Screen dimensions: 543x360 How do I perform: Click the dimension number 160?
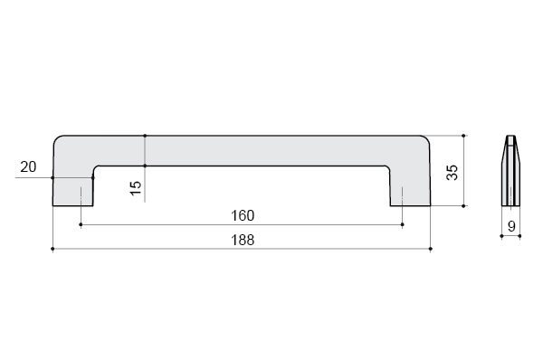pyautogui.click(x=243, y=215)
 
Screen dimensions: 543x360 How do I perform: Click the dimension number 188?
pyautogui.click(x=243, y=240)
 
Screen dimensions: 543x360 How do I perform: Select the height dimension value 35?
pyautogui.click(x=452, y=172)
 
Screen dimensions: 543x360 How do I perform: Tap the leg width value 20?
pyautogui.click(x=28, y=166)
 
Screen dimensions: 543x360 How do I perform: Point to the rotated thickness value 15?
pyautogui.click(x=136, y=188)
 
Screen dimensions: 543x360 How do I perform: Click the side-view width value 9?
pyautogui.click(x=511, y=226)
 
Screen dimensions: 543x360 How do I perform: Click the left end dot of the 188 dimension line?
pyautogui.click(x=52, y=249)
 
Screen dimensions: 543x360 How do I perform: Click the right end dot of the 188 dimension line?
pyautogui.click(x=431, y=249)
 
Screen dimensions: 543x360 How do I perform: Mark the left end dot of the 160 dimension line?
pyautogui.click(x=81, y=224)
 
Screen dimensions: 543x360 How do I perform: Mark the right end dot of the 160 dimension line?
pyautogui.click(x=402, y=224)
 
